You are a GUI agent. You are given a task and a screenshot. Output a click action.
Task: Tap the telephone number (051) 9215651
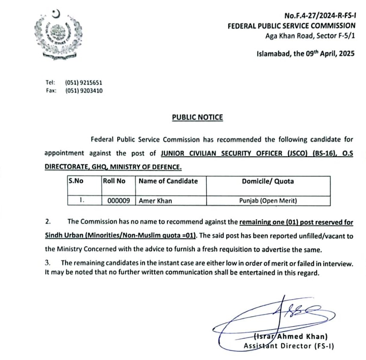[83, 83]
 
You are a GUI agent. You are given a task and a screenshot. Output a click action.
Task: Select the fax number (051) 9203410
[83, 91]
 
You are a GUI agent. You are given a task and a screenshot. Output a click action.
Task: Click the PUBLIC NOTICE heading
[197, 117]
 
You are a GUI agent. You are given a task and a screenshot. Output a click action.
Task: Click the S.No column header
[76, 181]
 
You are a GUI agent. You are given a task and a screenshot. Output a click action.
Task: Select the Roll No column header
[114, 181]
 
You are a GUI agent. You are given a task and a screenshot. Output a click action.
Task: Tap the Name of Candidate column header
[168, 181]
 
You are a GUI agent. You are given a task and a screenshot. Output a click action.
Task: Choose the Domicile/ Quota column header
[268, 181]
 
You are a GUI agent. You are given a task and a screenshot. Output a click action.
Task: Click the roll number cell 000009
[119, 200]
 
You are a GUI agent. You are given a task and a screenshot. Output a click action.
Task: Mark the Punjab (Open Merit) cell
[268, 200]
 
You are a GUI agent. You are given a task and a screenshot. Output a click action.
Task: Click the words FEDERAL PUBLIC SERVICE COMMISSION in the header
[292, 26]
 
